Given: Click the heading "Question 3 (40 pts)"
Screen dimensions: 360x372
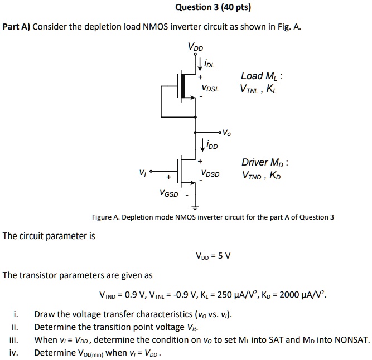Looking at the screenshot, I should (213, 7).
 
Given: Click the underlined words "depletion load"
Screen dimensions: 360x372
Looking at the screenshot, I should (112, 27).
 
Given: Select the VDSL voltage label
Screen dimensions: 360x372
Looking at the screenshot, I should (210, 89).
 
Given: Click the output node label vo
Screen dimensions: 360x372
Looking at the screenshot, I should (225, 133).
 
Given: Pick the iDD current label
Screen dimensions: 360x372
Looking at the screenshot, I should (211, 146).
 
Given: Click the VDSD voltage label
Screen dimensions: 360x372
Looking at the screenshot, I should (210, 174).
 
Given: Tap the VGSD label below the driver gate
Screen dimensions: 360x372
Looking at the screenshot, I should (168, 194).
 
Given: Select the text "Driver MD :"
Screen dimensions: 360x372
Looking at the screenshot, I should (264, 163).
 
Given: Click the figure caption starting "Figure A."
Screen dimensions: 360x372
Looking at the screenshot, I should (212, 217).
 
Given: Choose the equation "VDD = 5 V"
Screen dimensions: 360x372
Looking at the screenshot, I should (213, 256).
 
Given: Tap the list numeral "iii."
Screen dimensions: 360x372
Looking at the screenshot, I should (15, 340).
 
